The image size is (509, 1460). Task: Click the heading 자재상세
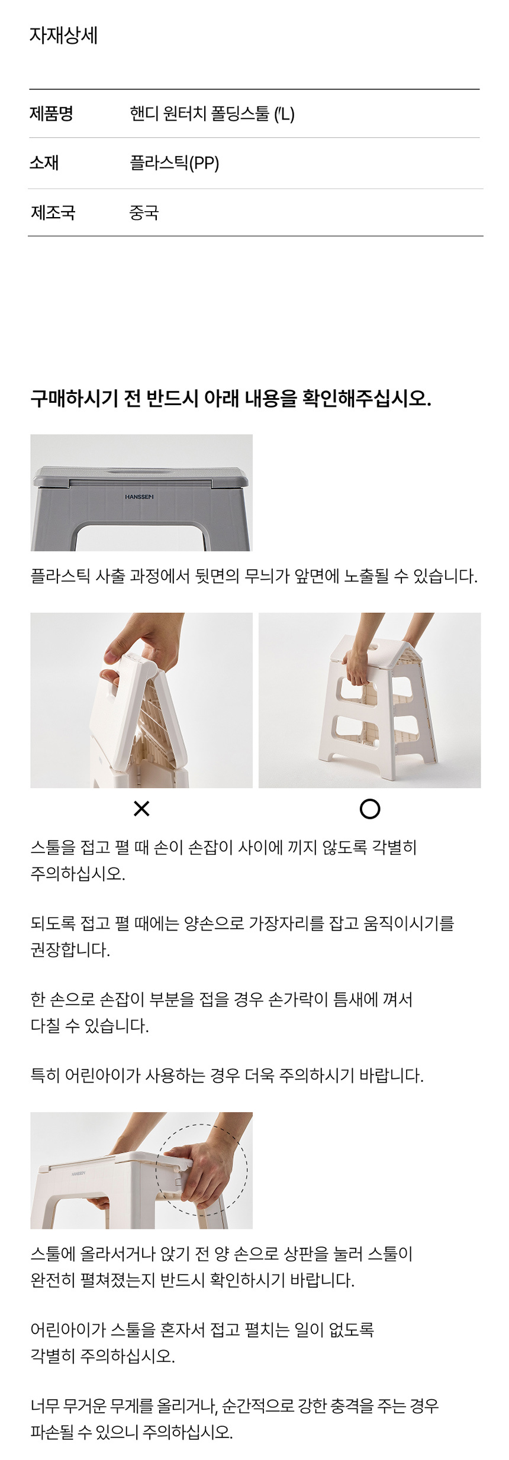63,35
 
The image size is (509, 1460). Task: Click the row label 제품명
51,113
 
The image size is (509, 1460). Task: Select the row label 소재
44,163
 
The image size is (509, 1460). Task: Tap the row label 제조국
53,212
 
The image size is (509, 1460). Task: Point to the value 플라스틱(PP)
175,163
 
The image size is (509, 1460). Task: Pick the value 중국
144,212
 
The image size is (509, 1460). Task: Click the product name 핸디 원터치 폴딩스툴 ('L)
212,113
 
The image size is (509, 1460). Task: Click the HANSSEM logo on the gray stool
139,497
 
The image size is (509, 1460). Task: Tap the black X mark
141,809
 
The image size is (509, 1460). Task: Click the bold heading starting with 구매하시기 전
231,398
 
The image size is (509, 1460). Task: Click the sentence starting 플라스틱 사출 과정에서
254,576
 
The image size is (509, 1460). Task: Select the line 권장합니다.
70,950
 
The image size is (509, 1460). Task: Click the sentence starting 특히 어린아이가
227,1075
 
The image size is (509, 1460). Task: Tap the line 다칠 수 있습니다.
89,1025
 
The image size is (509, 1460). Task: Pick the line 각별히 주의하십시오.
102,1355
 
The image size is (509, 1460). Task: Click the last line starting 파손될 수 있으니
131,1432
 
